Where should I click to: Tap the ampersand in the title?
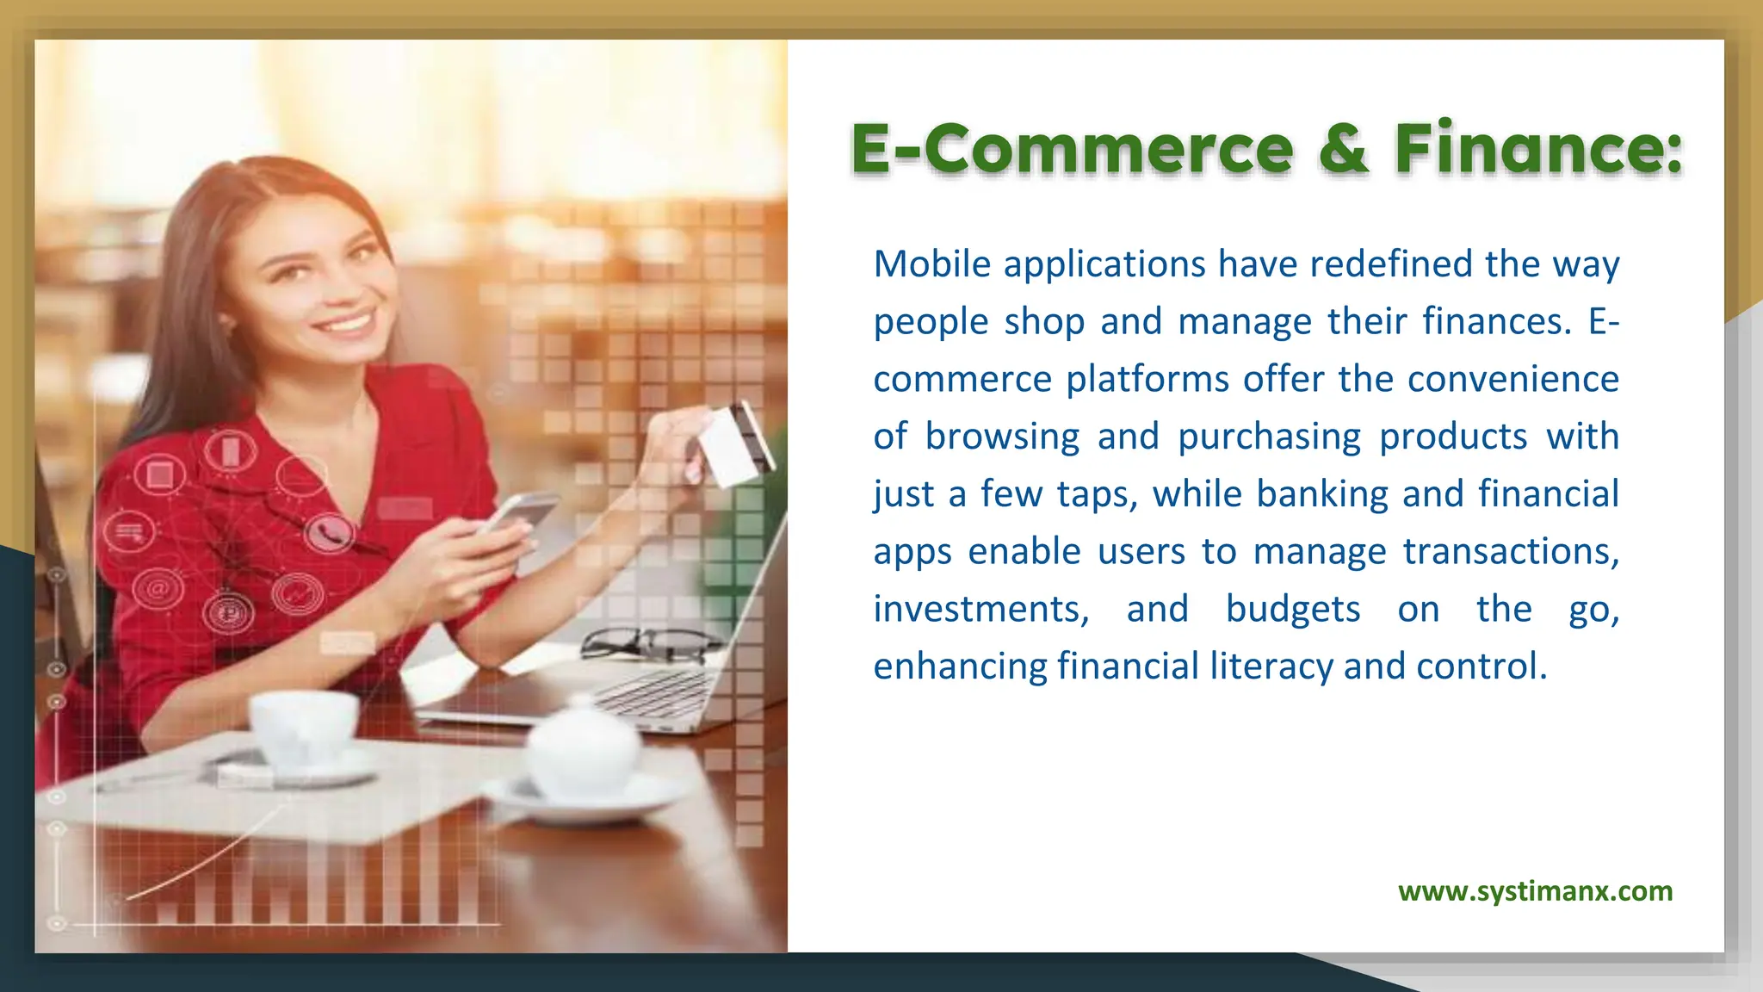pos(1343,148)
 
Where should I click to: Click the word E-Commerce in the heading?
pos(1072,148)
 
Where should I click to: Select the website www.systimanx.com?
pos(1535,890)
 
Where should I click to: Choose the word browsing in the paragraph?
pos(1002,437)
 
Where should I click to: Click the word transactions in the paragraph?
pos(1511,552)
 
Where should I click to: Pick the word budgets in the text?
pos(1293,610)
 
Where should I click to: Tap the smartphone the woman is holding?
pos(520,513)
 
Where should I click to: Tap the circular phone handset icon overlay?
pos(328,534)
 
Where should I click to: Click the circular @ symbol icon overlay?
pos(158,590)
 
